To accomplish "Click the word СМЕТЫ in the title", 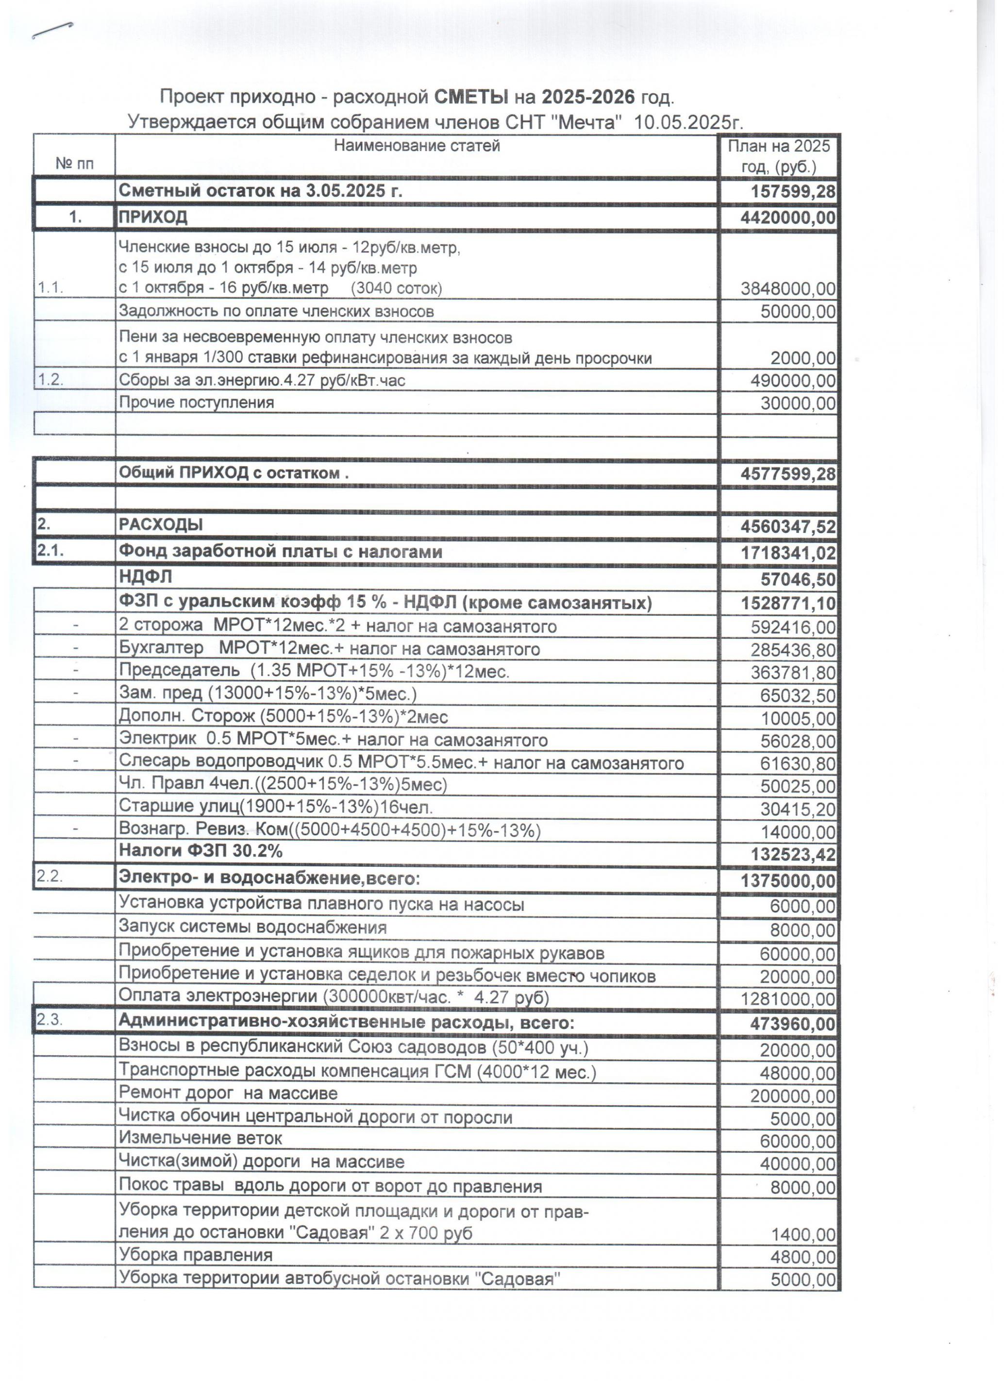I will (471, 97).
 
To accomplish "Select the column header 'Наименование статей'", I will (417, 146).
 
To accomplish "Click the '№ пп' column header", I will (74, 163).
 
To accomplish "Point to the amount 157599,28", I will (793, 192).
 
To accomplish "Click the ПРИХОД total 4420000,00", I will (788, 218).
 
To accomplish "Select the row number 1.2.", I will (50, 380).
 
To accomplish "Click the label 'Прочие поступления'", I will (196, 403).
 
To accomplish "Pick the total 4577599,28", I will (788, 474).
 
